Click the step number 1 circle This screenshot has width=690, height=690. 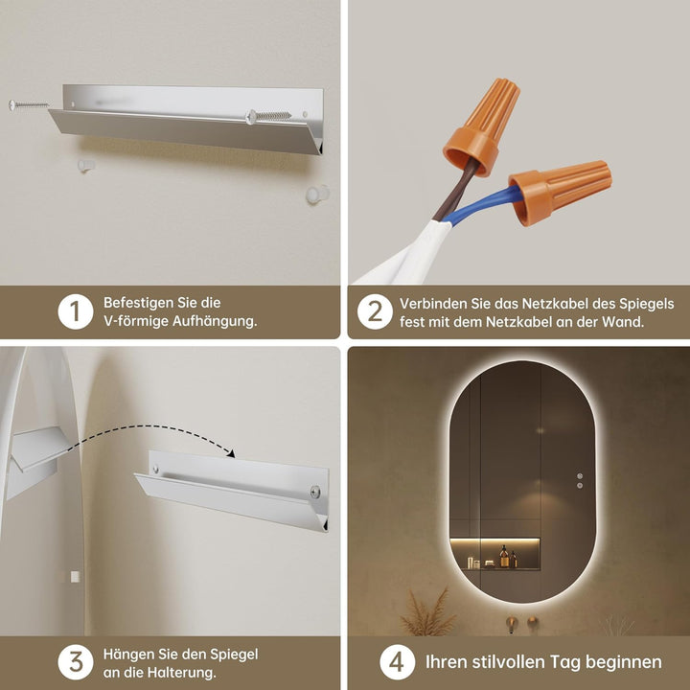pyautogui.click(x=76, y=311)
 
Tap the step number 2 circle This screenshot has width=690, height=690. pyautogui.click(x=375, y=311)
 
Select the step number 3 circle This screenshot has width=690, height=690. pyautogui.click(x=76, y=662)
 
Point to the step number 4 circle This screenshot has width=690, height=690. pyautogui.click(x=398, y=662)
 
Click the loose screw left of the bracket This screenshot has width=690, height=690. pyautogui.click(x=29, y=104)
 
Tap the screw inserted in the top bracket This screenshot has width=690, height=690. pyautogui.click(x=268, y=117)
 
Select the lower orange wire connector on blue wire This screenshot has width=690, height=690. pyautogui.click(x=560, y=192)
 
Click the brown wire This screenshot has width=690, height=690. pyautogui.click(x=456, y=189)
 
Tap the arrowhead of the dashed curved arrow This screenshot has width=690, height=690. pyautogui.click(x=230, y=452)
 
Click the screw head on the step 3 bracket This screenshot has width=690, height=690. pyautogui.click(x=315, y=492)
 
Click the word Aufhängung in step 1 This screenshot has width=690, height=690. pyautogui.click(x=215, y=321)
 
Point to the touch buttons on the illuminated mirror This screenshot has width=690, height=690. pyautogui.click(x=580, y=480)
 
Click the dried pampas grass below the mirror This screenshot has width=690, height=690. pyautogui.click(x=426, y=611)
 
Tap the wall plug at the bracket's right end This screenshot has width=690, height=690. pyautogui.click(x=318, y=194)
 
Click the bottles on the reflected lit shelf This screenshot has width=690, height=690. pyautogui.click(x=508, y=558)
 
